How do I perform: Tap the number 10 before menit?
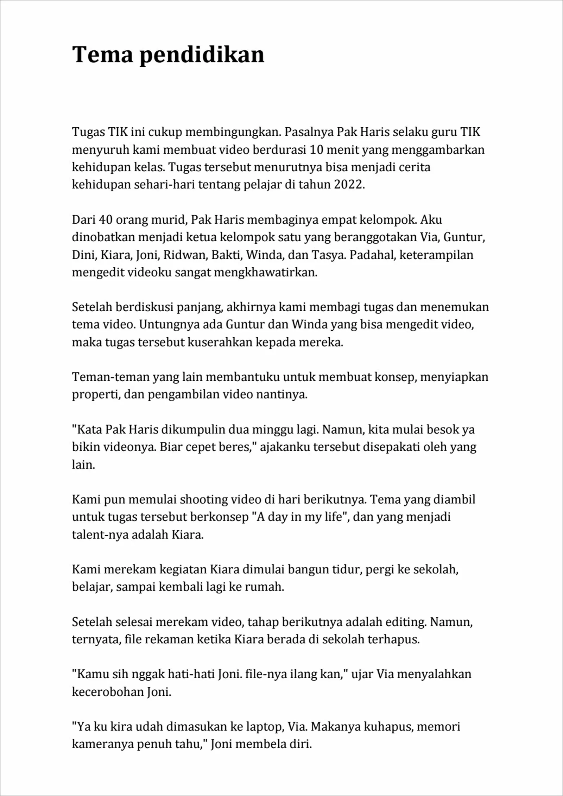click(x=317, y=150)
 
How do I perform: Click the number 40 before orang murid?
click(x=106, y=219)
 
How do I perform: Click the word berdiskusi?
click(x=145, y=307)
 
